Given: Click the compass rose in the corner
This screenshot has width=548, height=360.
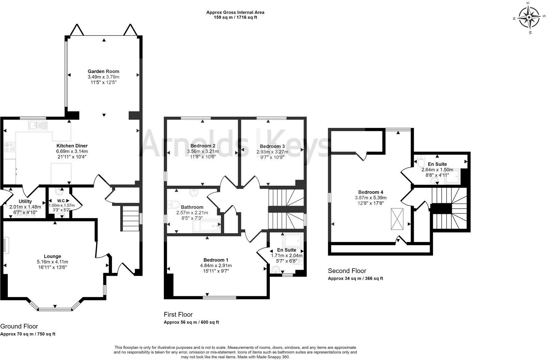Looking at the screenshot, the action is tap(529, 17).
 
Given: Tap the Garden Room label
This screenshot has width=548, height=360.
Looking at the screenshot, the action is tap(104, 72).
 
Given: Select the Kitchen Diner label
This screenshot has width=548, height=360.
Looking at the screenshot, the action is tap(72, 146).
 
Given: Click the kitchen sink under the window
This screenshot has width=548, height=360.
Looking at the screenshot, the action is tap(38, 125).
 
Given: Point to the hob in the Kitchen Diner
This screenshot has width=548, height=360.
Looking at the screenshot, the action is tap(9, 147).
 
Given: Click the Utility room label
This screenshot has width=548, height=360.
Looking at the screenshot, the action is tap(25, 201).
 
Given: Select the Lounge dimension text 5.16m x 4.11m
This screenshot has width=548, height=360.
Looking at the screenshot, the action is tap(52, 262).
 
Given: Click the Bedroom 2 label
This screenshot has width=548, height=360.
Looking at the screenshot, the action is tap(203, 146).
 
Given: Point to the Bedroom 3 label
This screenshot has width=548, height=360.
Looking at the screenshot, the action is tap(272, 146).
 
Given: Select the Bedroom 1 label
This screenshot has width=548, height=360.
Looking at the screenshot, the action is tap(216, 260).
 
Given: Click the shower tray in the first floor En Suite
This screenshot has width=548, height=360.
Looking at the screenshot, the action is tap(292, 240).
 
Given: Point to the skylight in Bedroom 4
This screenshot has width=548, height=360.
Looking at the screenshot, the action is tap(397, 219).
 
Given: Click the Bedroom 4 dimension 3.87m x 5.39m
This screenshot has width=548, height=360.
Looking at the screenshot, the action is tap(371, 198).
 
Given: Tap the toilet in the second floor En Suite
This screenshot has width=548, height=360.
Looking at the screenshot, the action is tap(421, 161).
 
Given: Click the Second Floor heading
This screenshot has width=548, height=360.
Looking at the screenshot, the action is tap(347, 271).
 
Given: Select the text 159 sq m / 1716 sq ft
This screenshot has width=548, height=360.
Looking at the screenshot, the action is tap(235, 17).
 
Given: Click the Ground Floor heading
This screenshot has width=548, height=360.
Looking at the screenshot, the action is tap(19, 326).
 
